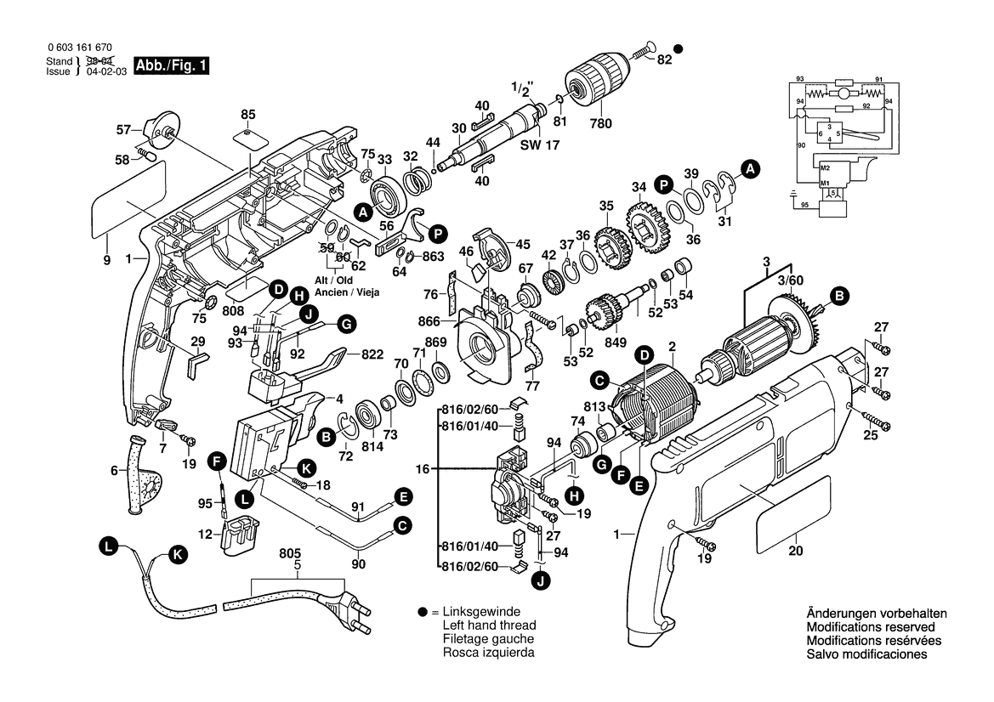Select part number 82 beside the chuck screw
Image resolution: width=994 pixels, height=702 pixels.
coord(664,59)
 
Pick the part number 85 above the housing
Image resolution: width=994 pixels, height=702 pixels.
coord(247,114)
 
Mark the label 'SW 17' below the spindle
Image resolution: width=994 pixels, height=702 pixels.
coord(534,145)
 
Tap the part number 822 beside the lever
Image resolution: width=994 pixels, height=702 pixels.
coord(372,354)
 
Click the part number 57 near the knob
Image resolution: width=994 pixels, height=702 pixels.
coord(124,130)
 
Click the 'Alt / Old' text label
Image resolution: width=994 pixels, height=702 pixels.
coord(334,280)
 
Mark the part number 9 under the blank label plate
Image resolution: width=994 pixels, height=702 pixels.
coord(107,261)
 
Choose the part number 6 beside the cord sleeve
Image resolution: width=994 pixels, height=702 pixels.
coord(113,469)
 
